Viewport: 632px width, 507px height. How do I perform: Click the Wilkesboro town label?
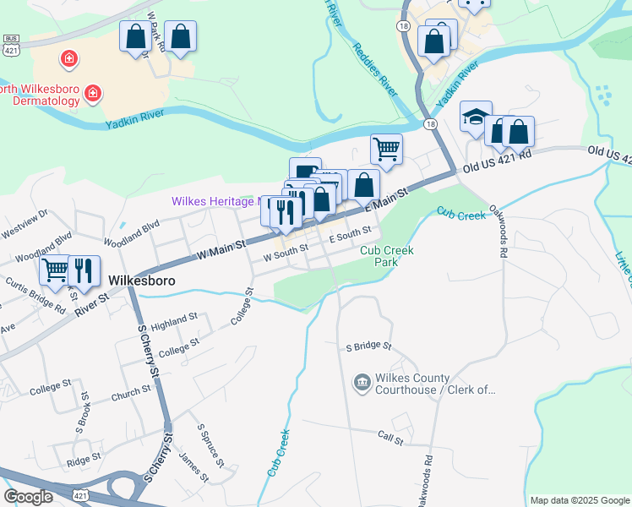[139, 279]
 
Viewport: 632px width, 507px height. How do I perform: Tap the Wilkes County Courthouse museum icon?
[361, 383]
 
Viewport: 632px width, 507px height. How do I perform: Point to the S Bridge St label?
[369, 346]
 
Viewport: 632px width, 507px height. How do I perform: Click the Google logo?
[28, 497]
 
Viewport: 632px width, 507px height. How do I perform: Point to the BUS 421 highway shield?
[10, 43]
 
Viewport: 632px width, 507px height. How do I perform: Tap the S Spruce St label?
[209, 446]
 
